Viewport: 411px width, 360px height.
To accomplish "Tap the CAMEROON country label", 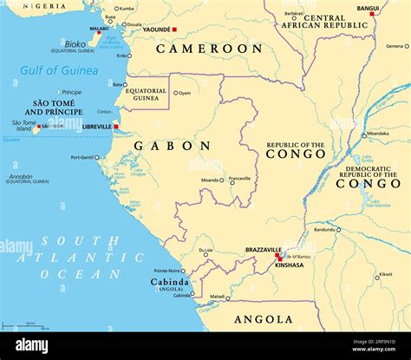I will click(207, 49).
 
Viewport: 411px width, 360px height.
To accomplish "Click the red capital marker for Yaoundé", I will click(173, 29).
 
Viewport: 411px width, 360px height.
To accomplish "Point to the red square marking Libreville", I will click(115, 127).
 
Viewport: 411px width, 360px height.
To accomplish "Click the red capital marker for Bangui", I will click(372, 14).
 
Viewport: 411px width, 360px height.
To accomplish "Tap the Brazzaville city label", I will click(264, 249).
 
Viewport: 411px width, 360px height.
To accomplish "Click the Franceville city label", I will click(239, 178).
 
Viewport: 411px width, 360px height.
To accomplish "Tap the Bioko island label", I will click(75, 43).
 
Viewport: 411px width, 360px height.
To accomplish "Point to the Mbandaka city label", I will click(377, 134).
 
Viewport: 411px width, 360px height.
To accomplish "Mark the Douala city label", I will click(132, 24).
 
